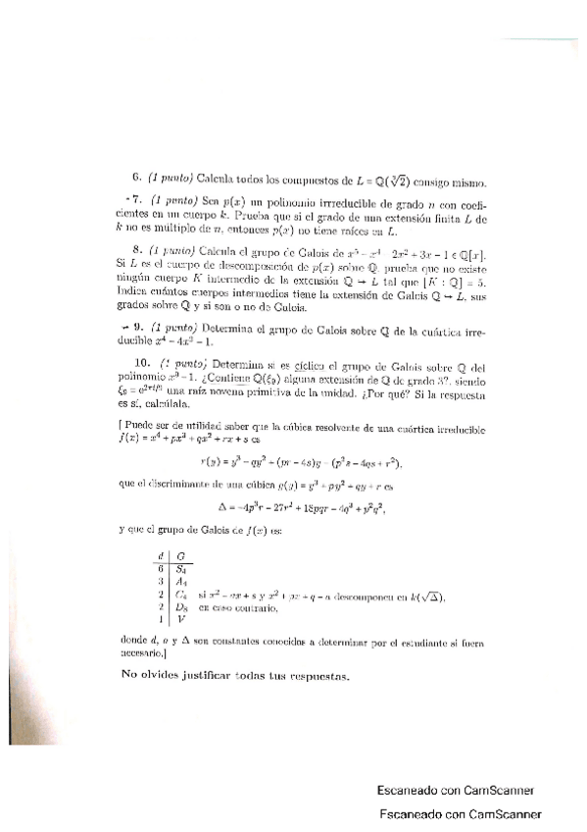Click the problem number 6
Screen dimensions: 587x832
136,179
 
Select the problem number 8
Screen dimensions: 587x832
136,252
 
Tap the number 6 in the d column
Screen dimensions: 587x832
158,568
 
